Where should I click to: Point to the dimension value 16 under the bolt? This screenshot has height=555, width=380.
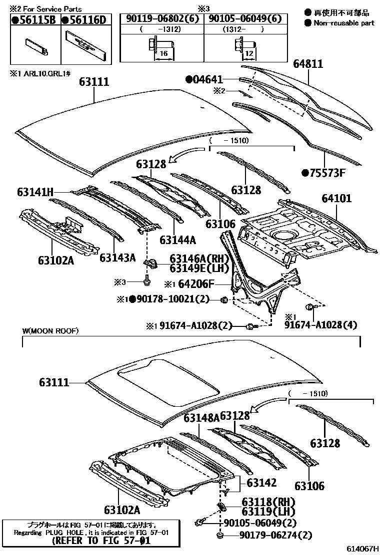(x=163, y=52)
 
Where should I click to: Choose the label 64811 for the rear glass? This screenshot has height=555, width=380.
(x=308, y=64)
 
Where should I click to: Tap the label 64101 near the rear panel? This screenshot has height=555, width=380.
(x=336, y=199)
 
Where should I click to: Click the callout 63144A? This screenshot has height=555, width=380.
(x=177, y=240)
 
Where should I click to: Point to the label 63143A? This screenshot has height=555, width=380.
(x=117, y=258)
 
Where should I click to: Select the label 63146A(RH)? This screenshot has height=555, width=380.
(x=198, y=259)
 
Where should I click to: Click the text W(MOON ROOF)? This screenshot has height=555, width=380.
(x=50, y=331)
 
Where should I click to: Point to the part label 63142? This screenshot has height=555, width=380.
(x=261, y=483)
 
